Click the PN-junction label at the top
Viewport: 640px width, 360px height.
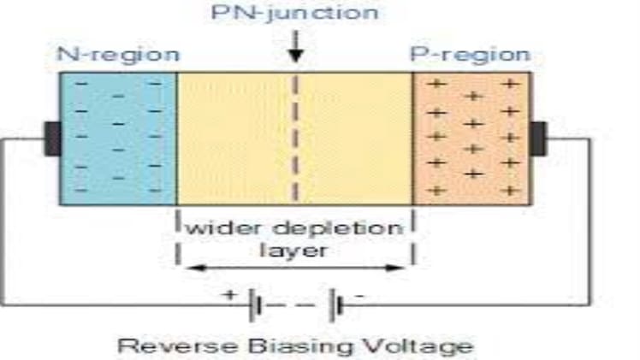[x=295, y=14]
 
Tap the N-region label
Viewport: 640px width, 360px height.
[x=118, y=55]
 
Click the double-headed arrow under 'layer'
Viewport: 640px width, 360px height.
[x=295, y=268]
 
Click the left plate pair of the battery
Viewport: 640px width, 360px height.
[x=253, y=306]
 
